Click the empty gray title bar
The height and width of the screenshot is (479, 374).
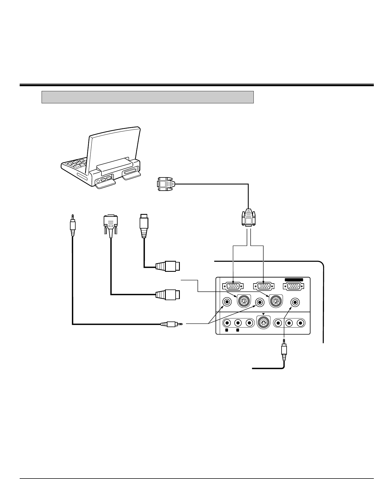coord(148,97)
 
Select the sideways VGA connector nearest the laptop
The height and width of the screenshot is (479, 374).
coord(166,184)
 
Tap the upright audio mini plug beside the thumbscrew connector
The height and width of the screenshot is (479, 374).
coord(73,225)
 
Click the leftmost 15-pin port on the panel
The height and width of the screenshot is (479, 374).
coord(233,286)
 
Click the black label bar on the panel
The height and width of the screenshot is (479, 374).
coord(294,280)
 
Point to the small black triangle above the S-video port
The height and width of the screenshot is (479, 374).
coord(263,314)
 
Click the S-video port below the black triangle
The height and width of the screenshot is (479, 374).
coord(263,323)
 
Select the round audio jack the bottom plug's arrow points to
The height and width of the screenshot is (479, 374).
coord(295,302)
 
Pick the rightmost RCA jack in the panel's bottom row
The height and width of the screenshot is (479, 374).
coord(301,323)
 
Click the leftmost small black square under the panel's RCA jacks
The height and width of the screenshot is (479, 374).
coord(227,330)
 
